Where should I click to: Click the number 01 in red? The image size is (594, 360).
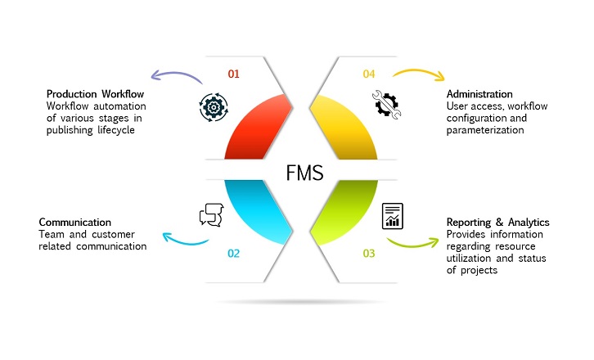(x=233, y=74)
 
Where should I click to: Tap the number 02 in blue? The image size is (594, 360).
(x=233, y=254)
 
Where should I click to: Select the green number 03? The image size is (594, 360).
(x=369, y=254)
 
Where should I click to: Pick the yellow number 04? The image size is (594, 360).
(x=369, y=74)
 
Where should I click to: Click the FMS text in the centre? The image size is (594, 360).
(x=304, y=173)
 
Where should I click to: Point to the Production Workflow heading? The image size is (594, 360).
(x=95, y=94)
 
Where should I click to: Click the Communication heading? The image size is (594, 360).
(x=75, y=222)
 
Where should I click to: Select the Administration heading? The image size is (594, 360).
(x=479, y=94)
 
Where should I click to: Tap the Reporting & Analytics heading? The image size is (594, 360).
(x=497, y=222)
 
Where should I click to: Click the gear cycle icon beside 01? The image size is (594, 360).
(x=211, y=107)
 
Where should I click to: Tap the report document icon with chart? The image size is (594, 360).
(x=394, y=215)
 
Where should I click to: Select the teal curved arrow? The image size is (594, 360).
(x=184, y=240)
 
